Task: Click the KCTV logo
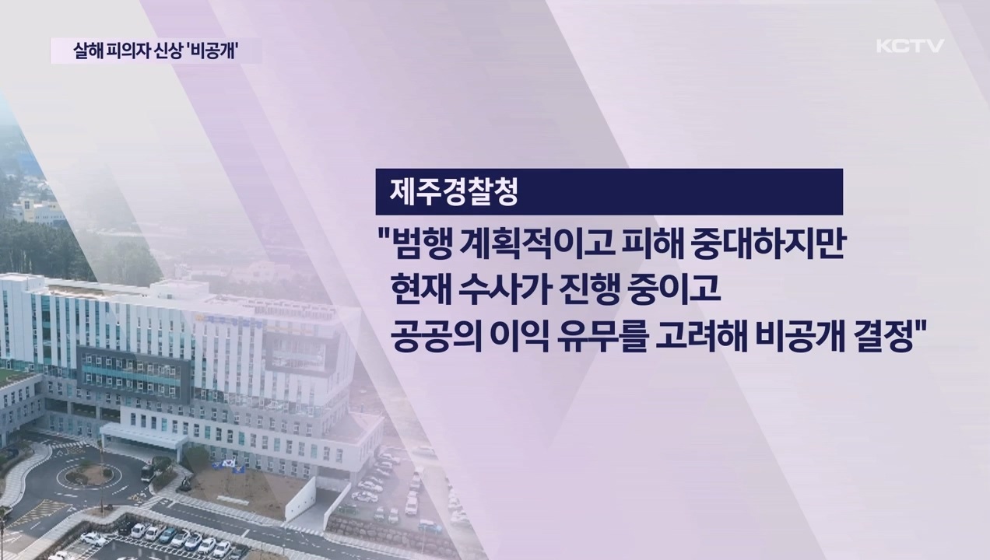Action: (x=910, y=46)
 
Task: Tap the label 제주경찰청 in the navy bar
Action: (x=447, y=192)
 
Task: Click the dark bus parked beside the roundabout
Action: (x=147, y=471)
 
